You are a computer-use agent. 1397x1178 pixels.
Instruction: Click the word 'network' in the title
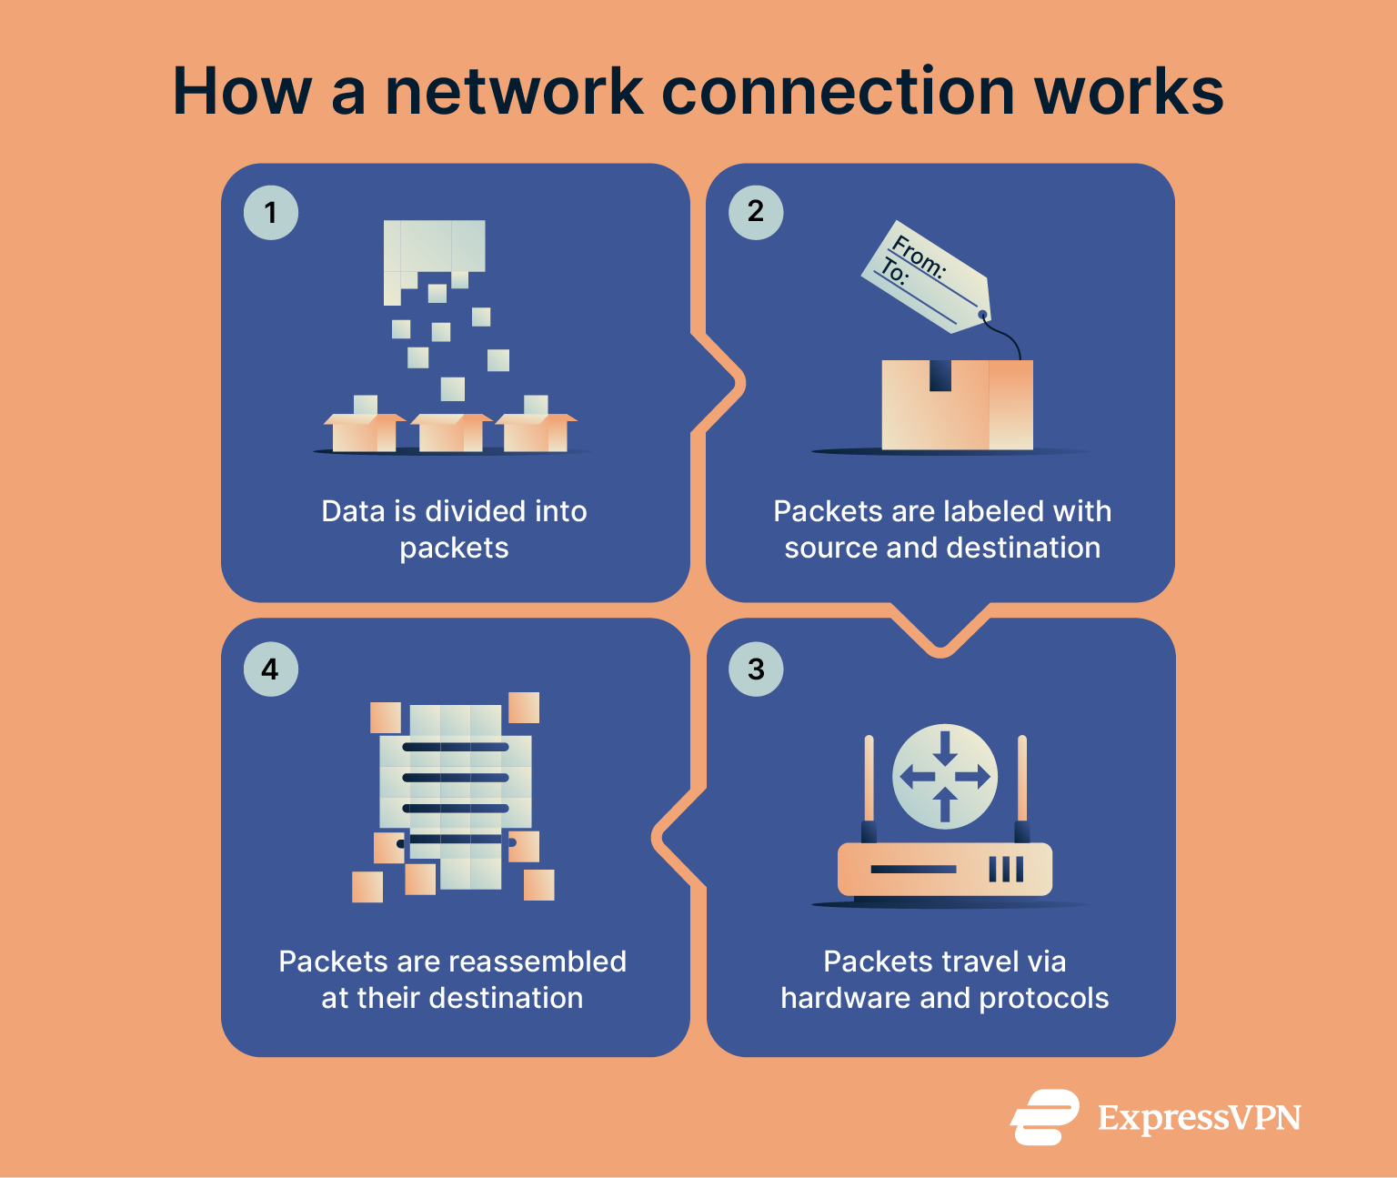(515, 92)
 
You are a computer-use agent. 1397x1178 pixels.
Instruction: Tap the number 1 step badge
(271, 213)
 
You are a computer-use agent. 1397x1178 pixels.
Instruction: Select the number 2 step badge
(756, 212)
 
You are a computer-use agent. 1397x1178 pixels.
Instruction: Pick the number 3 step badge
(756, 670)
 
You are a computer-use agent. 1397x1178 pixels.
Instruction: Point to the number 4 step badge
(271, 670)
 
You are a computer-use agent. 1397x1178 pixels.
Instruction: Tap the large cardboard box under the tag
(957, 406)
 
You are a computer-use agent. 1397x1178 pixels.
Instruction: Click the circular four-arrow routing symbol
(945, 776)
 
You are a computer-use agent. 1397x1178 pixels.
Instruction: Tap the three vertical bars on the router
(1006, 870)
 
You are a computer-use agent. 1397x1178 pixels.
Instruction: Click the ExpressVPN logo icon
(1044, 1116)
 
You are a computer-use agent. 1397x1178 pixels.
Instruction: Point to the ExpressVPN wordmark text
(1199, 1118)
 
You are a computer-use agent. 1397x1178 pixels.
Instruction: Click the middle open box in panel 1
(451, 432)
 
